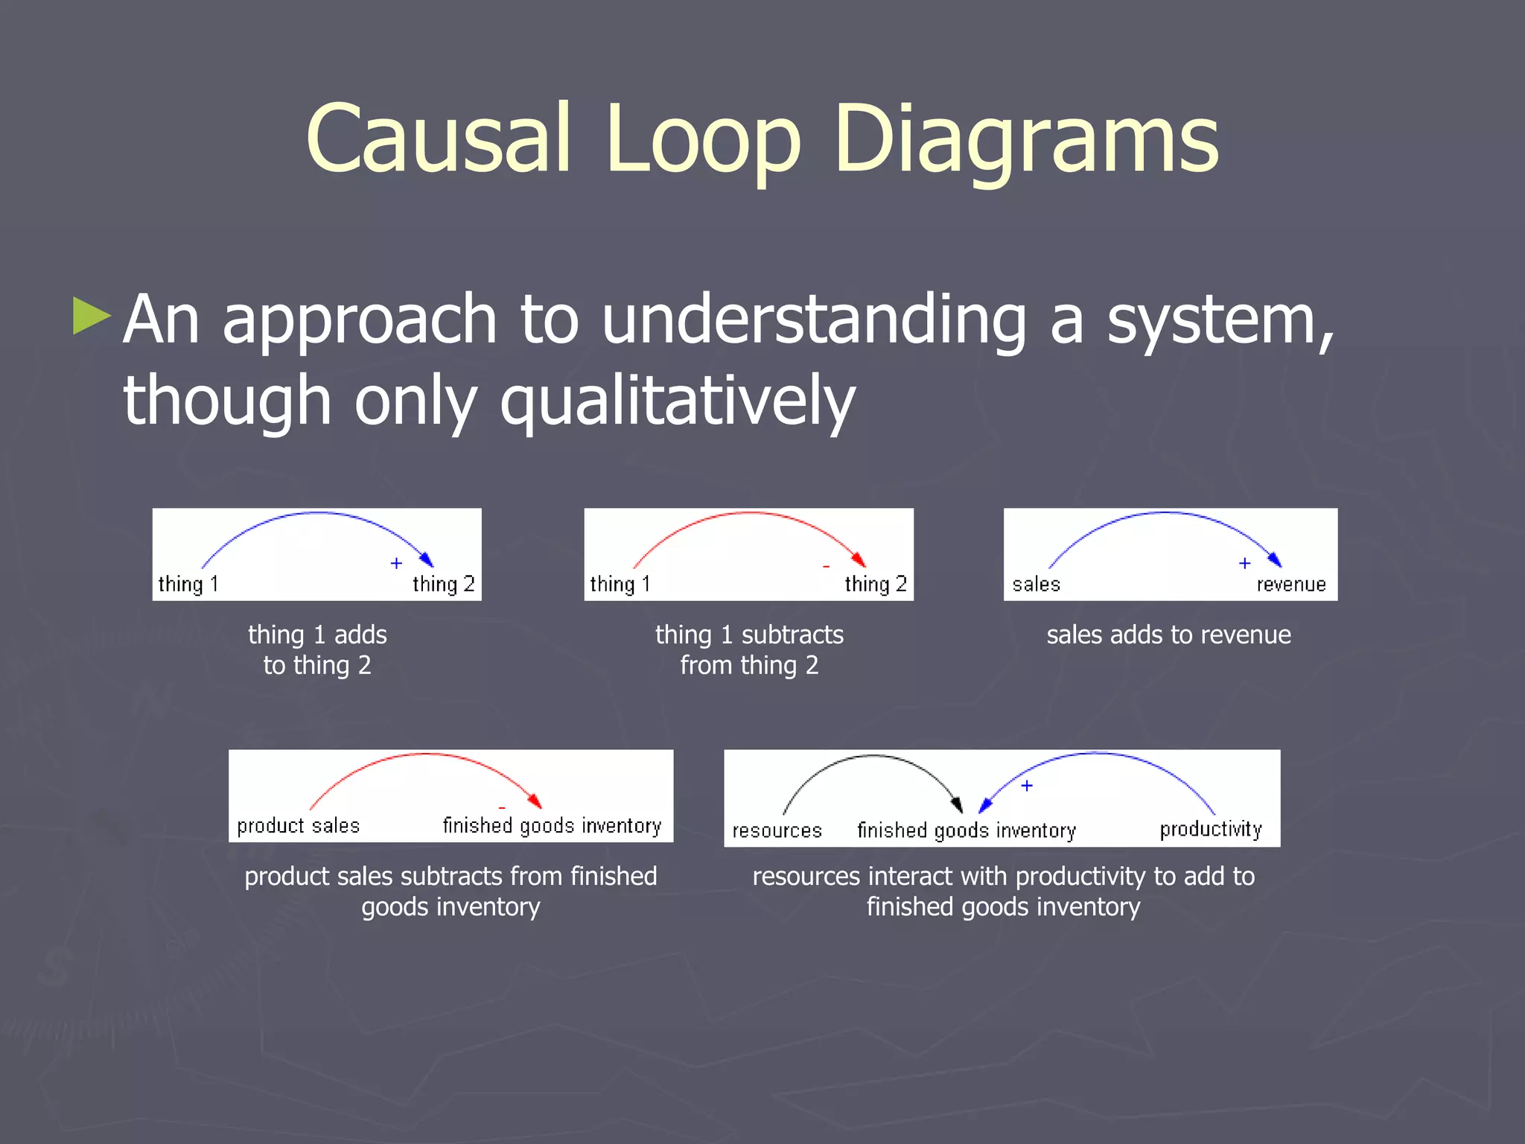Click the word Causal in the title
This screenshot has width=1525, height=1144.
pyautogui.click(x=439, y=139)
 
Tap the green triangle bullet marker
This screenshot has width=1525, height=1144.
pyautogui.click(x=92, y=316)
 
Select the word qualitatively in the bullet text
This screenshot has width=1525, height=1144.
pyautogui.click(x=678, y=401)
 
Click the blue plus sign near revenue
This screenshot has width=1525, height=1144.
pyautogui.click(x=1244, y=563)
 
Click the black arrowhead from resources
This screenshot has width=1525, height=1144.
pyautogui.click(x=958, y=804)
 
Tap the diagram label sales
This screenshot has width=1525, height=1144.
pyautogui.click(x=1036, y=584)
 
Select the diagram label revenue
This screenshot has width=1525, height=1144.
pyautogui.click(x=1291, y=584)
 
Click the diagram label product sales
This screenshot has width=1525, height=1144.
pyautogui.click(x=298, y=826)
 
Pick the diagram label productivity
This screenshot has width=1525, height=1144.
pyautogui.click(x=1211, y=830)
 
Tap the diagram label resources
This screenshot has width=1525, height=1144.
pyautogui.click(x=777, y=830)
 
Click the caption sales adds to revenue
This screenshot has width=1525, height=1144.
pyautogui.click(x=1168, y=635)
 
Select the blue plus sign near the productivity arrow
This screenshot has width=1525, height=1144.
pyautogui.click(x=1027, y=786)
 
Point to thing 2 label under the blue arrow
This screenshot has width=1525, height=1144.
pyautogui.click(x=443, y=584)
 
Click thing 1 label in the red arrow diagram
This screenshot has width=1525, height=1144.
pyautogui.click(x=620, y=584)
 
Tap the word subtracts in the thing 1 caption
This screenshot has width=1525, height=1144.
pyautogui.click(x=792, y=635)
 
